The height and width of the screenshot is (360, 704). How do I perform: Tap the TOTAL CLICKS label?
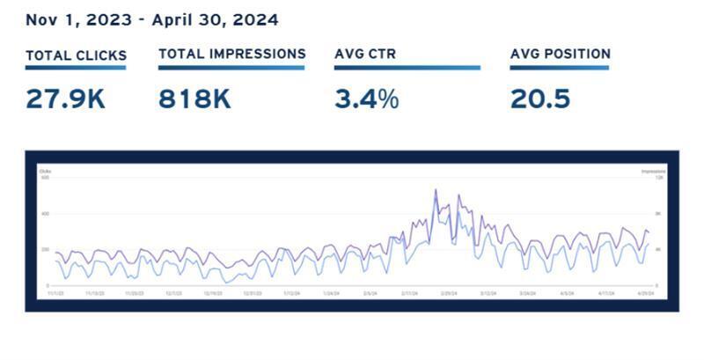pyautogui.click(x=76, y=55)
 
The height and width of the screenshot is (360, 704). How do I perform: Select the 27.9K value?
pyautogui.click(x=65, y=99)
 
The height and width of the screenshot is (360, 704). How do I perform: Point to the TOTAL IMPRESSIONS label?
pyautogui.click(x=232, y=54)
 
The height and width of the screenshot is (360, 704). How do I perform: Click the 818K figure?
pyautogui.click(x=194, y=99)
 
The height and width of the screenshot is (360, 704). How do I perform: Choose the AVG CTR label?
pyautogui.click(x=365, y=55)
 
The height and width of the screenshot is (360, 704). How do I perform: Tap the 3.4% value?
pyautogui.click(x=366, y=99)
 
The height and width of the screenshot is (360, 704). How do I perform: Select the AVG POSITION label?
pyautogui.click(x=560, y=54)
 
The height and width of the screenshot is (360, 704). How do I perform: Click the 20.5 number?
pyautogui.click(x=539, y=99)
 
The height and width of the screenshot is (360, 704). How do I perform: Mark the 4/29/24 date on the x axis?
pyautogui.click(x=644, y=294)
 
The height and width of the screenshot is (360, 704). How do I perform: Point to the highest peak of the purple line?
pyautogui.click(x=435, y=189)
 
